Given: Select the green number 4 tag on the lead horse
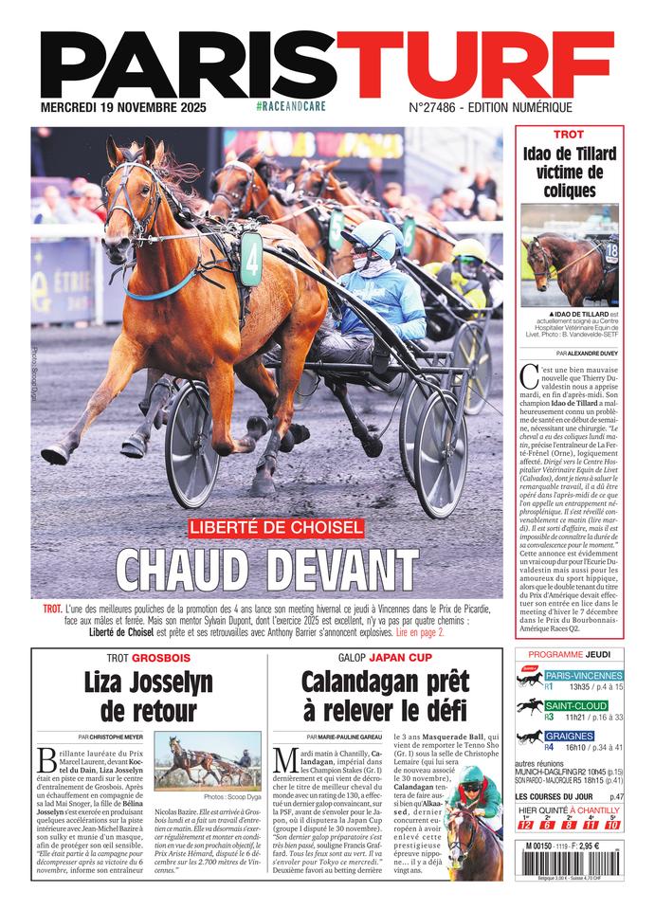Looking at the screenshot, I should point(251,258).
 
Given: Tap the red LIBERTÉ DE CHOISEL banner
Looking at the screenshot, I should point(275,526).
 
